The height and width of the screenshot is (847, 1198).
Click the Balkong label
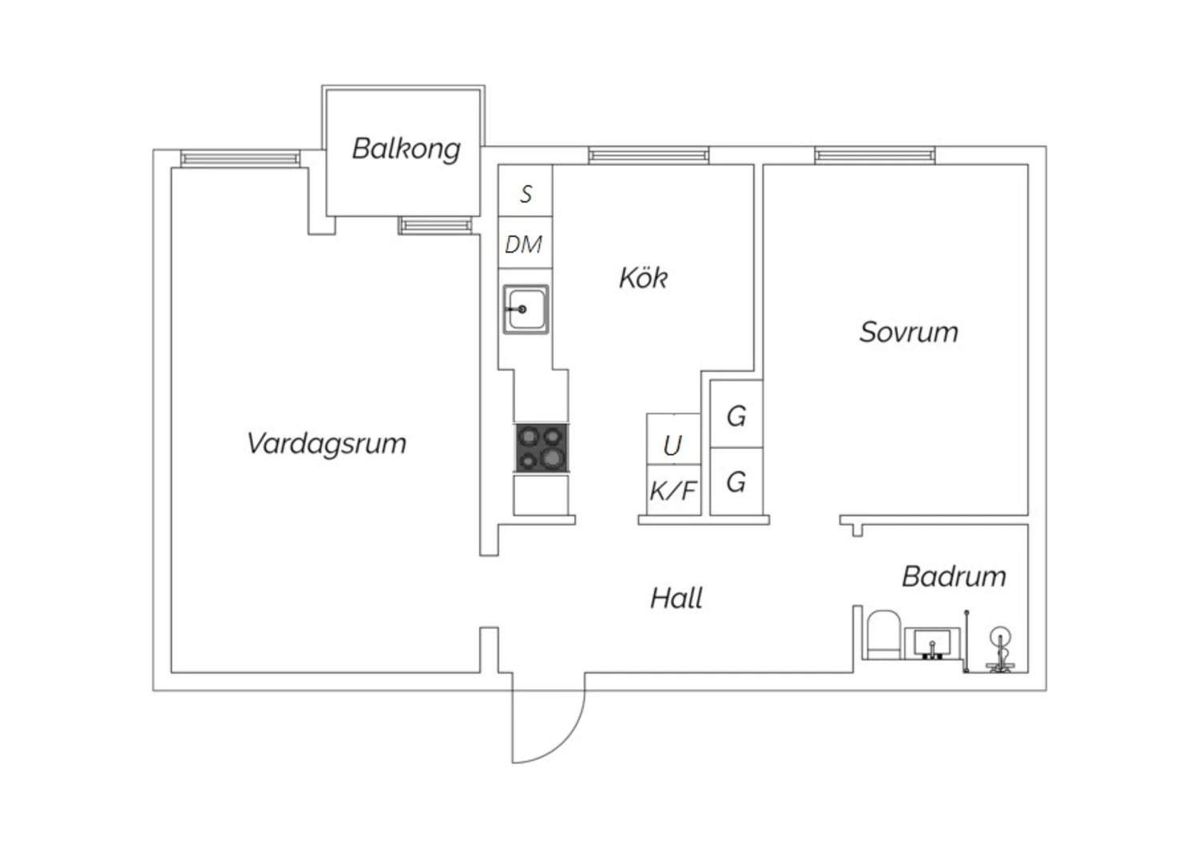tap(406, 149)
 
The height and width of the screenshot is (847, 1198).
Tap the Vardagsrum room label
tap(327, 443)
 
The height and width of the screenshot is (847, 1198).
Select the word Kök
tap(643, 278)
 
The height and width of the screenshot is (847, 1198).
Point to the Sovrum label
tap(908, 332)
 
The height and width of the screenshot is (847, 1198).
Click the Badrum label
tap(954, 576)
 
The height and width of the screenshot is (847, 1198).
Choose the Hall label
tap(676, 598)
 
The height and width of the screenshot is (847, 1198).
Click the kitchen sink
tap(526, 309)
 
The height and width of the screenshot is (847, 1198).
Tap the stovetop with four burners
tap(541, 447)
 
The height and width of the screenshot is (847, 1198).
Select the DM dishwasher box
tap(525, 244)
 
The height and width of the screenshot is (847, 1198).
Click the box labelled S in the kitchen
tap(526, 193)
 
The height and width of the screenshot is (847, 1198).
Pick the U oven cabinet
tap(673, 443)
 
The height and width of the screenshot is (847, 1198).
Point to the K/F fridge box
tap(673, 490)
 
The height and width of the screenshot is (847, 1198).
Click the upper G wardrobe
tap(736, 415)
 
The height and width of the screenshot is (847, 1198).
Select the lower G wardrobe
tap(736, 481)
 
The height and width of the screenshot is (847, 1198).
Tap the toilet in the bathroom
tap(883, 635)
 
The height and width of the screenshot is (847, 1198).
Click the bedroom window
tap(875, 155)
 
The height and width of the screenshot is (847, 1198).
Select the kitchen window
tap(649, 155)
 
